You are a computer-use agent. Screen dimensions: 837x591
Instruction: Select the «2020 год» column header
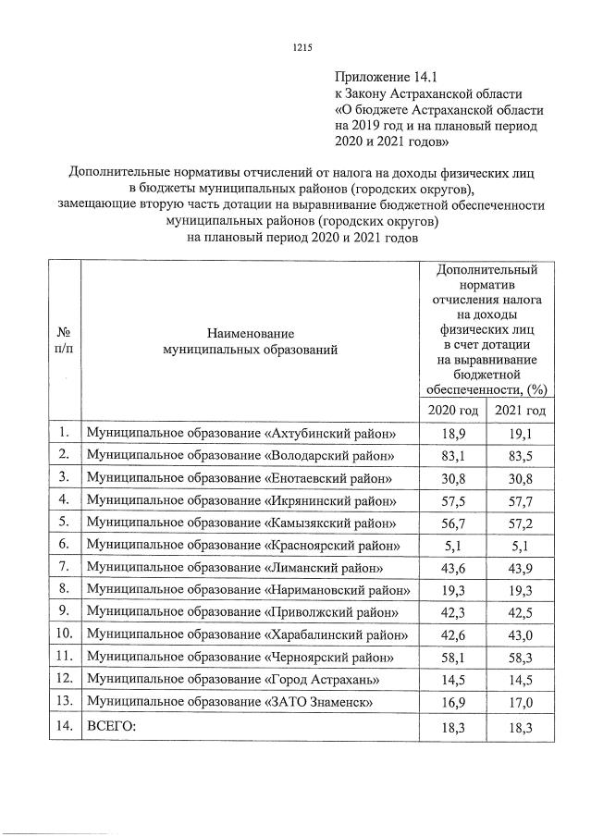pos(452,410)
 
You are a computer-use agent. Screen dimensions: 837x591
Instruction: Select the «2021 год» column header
pos(520,410)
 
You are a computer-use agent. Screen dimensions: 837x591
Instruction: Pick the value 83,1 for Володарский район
pos(452,456)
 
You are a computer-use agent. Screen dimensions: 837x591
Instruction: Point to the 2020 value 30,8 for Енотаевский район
pos(452,478)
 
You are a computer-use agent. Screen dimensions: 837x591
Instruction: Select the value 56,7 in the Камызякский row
pos(452,523)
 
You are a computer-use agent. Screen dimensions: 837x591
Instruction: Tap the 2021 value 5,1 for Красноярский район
pos(520,545)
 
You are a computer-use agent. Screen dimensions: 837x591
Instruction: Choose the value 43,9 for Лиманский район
pos(520,568)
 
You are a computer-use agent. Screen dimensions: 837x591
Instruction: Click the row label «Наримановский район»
pos(249,590)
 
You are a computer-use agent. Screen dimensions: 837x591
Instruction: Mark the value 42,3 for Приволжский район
pos(452,612)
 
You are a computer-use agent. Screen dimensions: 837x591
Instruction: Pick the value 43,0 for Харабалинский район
pos(520,634)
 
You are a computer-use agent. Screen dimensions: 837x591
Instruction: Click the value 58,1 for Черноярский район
pos(452,657)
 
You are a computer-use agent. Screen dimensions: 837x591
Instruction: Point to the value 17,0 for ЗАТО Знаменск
pos(520,702)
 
